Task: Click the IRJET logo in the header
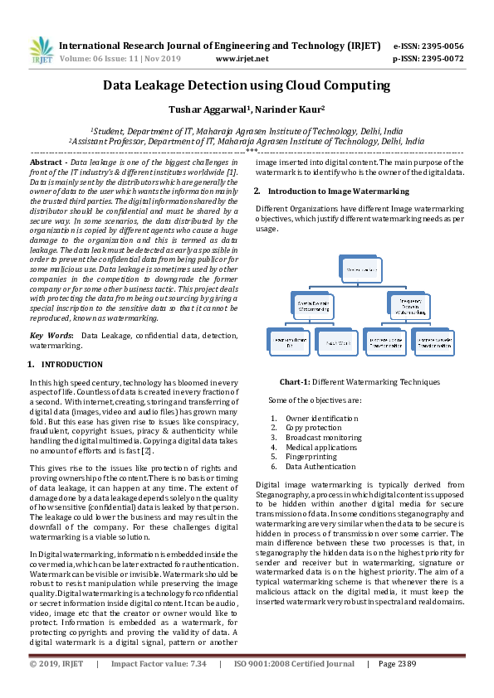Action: click(x=41, y=51)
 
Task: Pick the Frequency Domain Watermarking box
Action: click(x=408, y=305)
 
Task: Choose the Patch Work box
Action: click(x=337, y=342)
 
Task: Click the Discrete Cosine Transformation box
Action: click(x=384, y=342)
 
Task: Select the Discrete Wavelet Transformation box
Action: click(x=433, y=342)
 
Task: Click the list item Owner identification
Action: click(x=321, y=419)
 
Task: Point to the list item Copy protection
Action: click(x=313, y=428)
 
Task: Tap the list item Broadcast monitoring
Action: click(x=323, y=438)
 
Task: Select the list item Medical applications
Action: click(x=320, y=448)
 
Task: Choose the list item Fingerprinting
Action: click(x=310, y=457)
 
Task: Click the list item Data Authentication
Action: click(x=320, y=467)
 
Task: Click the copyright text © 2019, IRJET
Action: click(x=56, y=664)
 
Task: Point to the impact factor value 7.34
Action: click(x=198, y=664)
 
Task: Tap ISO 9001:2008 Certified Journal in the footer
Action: click(x=294, y=664)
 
